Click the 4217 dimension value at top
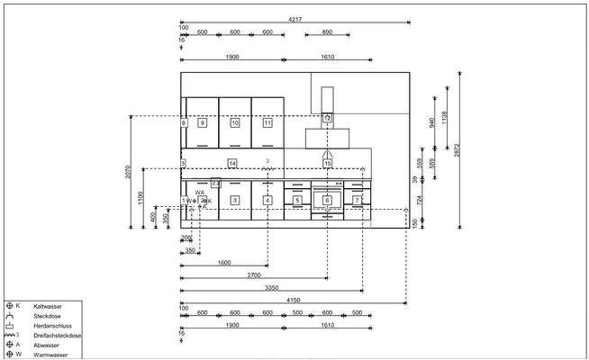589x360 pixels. pos(294,18)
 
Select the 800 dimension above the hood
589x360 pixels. pos(326,32)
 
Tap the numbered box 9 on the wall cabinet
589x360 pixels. pos(203,122)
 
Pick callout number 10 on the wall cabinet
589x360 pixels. pos(235,122)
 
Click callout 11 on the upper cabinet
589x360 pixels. pos(267,122)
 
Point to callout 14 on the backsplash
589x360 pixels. pos(232,163)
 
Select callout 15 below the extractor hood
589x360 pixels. pos(328,163)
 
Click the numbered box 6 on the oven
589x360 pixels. pos(328,200)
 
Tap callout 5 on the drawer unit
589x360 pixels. pos(297,200)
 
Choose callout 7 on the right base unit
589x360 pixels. pos(358,200)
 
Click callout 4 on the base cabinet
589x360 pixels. pos(267,200)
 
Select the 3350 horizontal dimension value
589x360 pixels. pos(270,288)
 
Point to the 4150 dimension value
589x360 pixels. pos(293,300)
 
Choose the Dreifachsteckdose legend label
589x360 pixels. pos(57,336)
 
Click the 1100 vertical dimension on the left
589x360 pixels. pos(140,198)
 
